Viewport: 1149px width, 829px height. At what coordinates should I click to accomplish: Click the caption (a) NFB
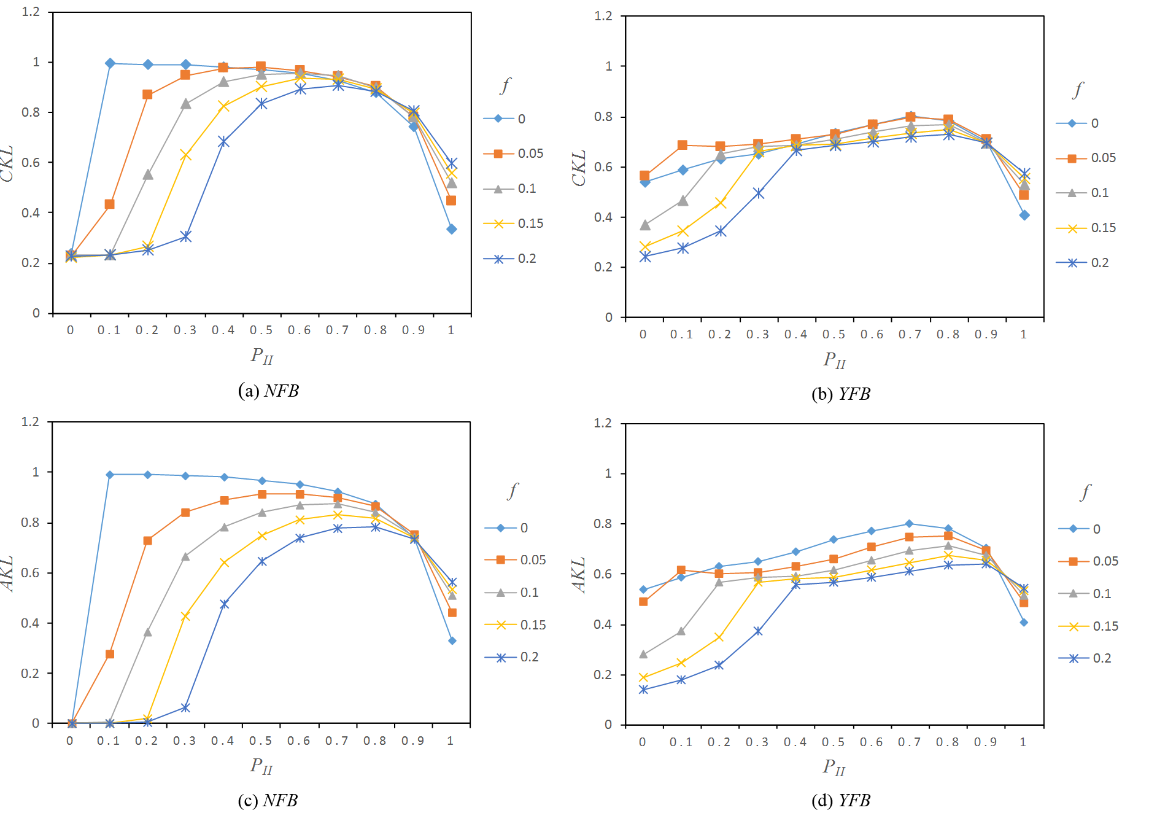point(268,391)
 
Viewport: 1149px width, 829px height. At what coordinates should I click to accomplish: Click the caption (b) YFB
point(841,394)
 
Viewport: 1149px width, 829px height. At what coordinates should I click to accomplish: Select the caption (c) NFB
point(268,801)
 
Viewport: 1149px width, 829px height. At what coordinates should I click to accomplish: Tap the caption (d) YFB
point(841,801)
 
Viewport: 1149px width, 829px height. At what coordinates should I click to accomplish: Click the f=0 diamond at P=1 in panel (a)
point(452,229)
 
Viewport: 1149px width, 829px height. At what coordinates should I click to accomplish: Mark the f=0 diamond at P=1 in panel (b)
point(1024,215)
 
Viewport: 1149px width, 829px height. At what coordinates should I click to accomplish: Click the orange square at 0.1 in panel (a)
point(109,204)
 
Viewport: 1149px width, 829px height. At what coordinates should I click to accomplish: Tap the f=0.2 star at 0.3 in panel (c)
point(185,708)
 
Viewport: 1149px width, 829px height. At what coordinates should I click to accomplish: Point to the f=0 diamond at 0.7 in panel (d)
point(909,524)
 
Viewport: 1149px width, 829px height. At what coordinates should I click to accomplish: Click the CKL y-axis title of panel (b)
point(579,168)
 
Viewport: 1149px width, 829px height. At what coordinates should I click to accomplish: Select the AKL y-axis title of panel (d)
point(579,575)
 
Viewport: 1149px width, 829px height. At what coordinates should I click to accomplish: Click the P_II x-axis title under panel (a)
point(262,356)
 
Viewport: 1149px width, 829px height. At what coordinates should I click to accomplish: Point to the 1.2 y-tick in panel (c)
point(30,422)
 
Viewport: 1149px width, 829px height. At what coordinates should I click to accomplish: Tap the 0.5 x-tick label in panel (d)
point(833,742)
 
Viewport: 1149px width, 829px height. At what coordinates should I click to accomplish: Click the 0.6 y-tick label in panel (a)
point(31,163)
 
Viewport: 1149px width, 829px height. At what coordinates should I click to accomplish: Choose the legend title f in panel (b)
point(1078,90)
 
